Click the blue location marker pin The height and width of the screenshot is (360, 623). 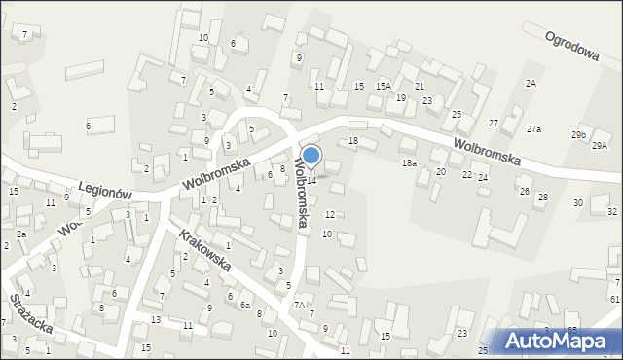[311, 156]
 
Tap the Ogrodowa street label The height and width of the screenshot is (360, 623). [571, 44]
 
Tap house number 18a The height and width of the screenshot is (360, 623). [410, 163]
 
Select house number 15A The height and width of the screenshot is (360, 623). [384, 87]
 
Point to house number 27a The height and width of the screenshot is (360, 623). [533, 128]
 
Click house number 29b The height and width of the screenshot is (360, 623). [579, 134]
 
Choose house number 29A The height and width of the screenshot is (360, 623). [600, 145]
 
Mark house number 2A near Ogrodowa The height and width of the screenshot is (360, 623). [531, 84]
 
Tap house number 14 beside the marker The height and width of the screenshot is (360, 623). [311, 180]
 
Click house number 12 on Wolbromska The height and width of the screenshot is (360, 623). [330, 214]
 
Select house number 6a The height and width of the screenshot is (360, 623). [245, 304]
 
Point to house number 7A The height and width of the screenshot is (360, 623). [300, 305]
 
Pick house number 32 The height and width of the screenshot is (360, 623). [611, 211]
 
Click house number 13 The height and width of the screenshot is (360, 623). [156, 319]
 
